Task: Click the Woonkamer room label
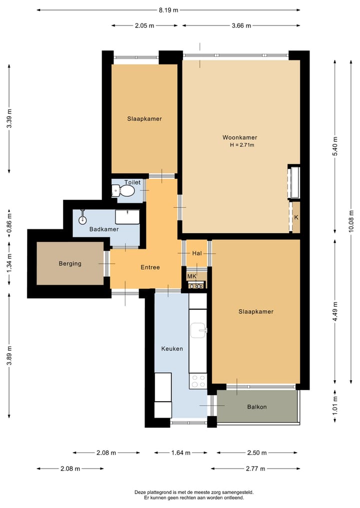tap(239, 137)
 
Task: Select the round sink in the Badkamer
tap(82, 219)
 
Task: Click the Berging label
tap(70, 263)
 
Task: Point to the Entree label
tap(150, 267)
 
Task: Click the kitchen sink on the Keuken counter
tap(198, 330)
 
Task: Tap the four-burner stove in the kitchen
tap(198, 381)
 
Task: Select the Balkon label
tap(257, 407)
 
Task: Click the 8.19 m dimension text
tap(168, 10)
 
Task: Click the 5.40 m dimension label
tap(335, 146)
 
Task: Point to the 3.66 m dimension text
tap(241, 25)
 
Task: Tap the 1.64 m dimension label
tap(181, 453)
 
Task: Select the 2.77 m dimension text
tap(255, 469)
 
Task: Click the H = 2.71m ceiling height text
tap(242, 145)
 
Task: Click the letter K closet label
tap(296, 217)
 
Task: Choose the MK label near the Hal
tap(192, 276)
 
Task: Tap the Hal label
tap(197, 253)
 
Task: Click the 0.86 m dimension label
tap(9, 222)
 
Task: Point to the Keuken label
tap(172, 349)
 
